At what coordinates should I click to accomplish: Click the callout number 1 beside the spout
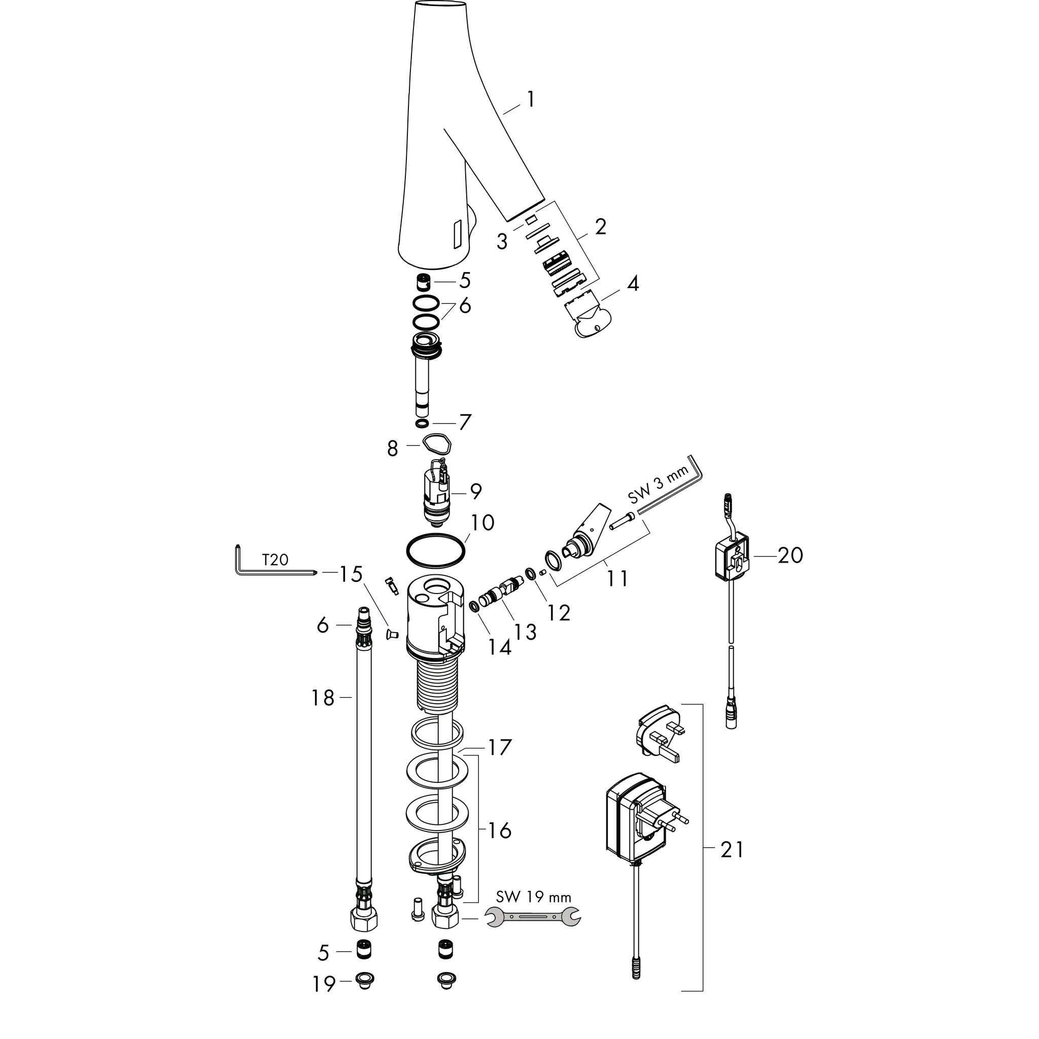[x=531, y=99]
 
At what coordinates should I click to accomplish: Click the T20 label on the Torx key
[x=275, y=560]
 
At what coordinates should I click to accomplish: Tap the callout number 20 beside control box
[x=790, y=555]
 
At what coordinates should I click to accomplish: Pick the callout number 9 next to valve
[x=475, y=491]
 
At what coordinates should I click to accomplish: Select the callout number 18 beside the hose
[x=323, y=698]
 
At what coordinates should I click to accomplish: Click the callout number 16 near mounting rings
[x=500, y=831]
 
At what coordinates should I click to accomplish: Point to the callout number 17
[x=500, y=747]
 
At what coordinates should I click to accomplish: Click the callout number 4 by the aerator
[x=633, y=284]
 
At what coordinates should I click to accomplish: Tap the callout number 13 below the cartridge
[x=525, y=633]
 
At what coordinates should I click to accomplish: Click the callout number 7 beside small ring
[x=465, y=422]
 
